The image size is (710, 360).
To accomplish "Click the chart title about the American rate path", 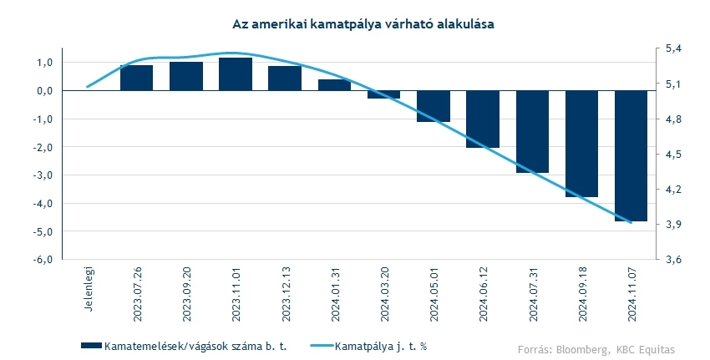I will [363, 26].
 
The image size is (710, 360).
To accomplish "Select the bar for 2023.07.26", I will [137, 78].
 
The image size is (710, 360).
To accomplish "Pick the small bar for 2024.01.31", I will [334, 85].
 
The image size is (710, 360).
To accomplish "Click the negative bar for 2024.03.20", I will [383, 94].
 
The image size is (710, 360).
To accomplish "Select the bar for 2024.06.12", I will [483, 119].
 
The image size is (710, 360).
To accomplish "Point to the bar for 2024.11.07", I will [631, 155].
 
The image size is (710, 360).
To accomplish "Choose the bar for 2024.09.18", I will [581, 144].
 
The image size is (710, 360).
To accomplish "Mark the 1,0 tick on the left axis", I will [44, 63].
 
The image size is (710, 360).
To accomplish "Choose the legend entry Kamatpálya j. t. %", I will [382, 345].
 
